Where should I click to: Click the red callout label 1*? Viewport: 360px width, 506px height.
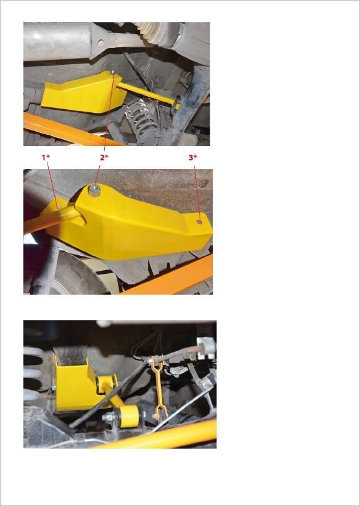[46, 157]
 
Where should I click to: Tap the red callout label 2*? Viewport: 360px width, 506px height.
[104, 157]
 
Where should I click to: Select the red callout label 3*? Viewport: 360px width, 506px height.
[193, 157]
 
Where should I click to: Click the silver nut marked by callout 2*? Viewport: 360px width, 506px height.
[94, 190]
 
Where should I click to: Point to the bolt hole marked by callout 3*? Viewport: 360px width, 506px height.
[200, 221]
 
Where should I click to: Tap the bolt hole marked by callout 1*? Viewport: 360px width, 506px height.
[59, 207]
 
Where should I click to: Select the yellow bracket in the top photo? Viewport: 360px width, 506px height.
[84, 92]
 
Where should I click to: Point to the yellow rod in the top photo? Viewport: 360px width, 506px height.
[147, 93]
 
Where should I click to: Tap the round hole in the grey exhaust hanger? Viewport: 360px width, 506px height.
[100, 42]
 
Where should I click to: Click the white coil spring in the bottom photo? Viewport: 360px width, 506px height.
[32, 374]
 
